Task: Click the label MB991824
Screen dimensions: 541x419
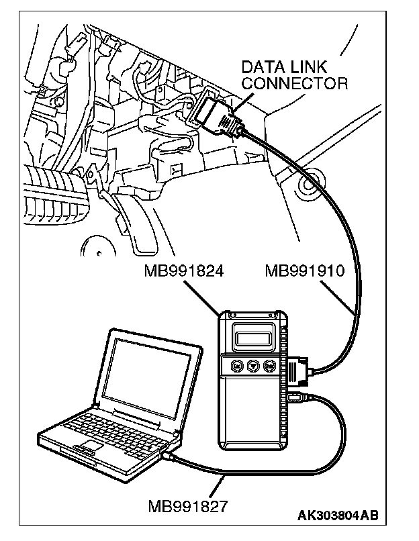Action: [183, 272]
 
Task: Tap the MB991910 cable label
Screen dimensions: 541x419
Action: [304, 272]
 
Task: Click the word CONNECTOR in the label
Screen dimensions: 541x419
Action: [295, 84]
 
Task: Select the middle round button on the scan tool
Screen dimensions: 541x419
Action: [252, 366]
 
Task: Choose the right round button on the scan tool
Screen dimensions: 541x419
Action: [269, 366]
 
